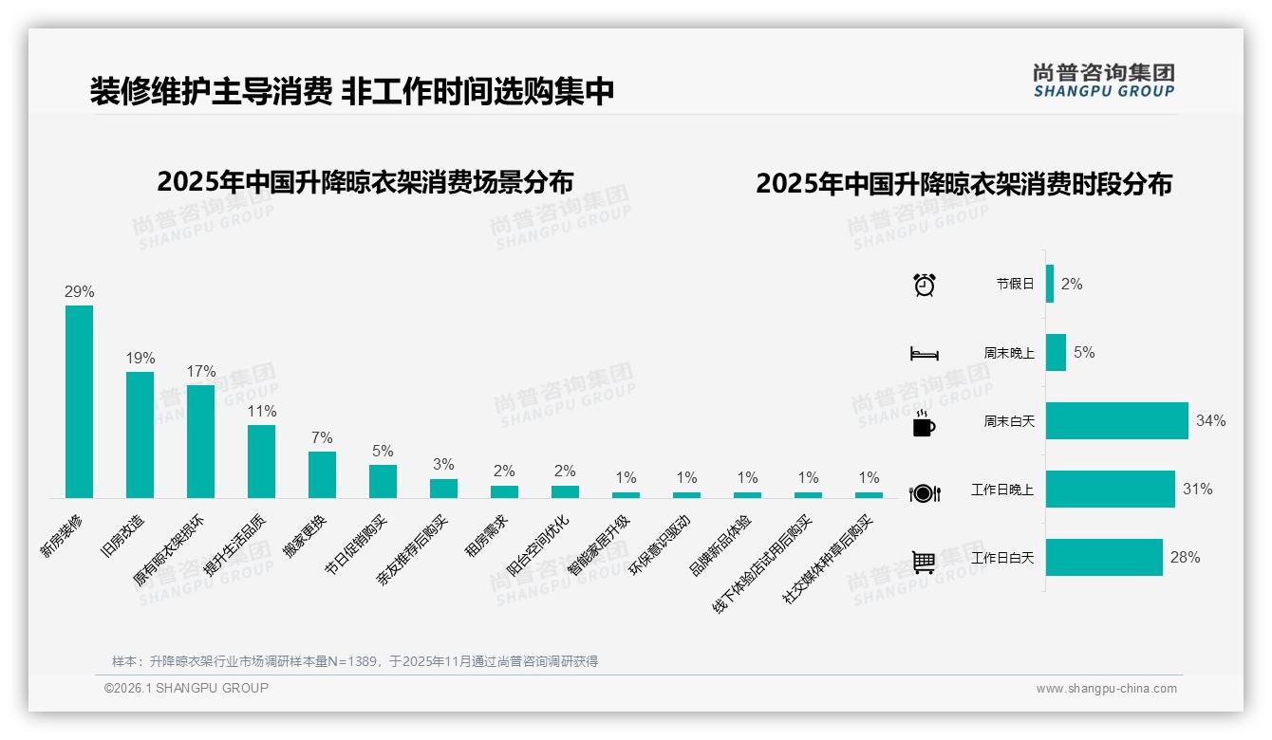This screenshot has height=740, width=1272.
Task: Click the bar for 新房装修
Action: [x=79, y=401]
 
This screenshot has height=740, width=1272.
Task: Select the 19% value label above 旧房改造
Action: [x=140, y=359]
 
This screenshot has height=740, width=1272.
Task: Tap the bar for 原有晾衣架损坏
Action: [x=200, y=441]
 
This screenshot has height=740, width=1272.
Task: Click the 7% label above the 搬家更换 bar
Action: [x=322, y=438]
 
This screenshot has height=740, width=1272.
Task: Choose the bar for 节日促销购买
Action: [x=383, y=481]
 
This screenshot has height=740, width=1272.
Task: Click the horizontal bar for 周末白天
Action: [x=1116, y=420]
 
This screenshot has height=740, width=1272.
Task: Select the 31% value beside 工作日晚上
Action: [x=1197, y=490]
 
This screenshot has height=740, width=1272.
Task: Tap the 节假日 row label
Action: [x=1015, y=284]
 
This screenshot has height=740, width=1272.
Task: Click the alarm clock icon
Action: [x=925, y=284]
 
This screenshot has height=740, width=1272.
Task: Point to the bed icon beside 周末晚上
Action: [x=925, y=353]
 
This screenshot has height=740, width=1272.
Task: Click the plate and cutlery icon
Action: [x=925, y=492]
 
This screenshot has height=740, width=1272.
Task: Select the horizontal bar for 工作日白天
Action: [x=1104, y=557]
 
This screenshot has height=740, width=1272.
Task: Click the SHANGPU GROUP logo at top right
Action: [x=1103, y=80]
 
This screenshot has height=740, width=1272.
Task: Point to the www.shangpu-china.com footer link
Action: [x=1106, y=689]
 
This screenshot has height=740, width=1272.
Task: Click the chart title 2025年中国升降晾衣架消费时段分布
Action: [x=963, y=184]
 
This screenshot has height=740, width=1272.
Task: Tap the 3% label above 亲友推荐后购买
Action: [x=443, y=465]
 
